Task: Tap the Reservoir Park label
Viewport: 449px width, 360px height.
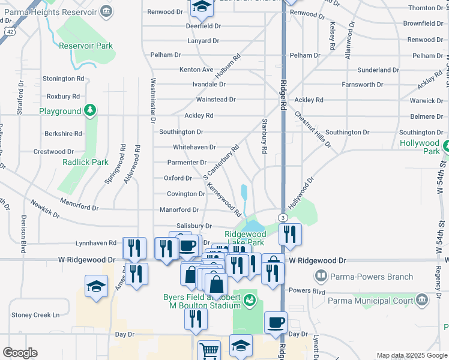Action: click(x=86, y=46)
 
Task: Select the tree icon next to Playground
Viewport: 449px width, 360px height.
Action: click(x=90, y=110)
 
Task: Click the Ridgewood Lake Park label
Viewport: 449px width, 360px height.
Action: click(x=245, y=238)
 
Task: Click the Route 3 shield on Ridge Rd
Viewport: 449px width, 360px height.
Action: click(x=282, y=217)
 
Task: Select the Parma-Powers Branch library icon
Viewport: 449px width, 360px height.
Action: click(x=321, y=277)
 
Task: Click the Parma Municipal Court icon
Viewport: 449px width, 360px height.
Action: click(x=421, y=299)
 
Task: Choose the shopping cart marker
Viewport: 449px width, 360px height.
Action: click(x=209, y=350)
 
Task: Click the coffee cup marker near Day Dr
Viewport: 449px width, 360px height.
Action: click(x=276, y=322)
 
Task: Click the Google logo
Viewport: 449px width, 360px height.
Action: click(x=20, y=353)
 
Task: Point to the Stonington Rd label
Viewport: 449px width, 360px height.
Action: click(x=63, y=79)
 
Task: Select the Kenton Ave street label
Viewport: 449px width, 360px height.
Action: click(x=196, y=70)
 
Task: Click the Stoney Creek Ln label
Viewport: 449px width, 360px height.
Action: click(x=35, y=315)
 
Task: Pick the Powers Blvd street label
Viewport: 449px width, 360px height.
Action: click(x=307, y=291)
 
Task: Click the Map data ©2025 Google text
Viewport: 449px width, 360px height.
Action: click(x=411, y=355)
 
